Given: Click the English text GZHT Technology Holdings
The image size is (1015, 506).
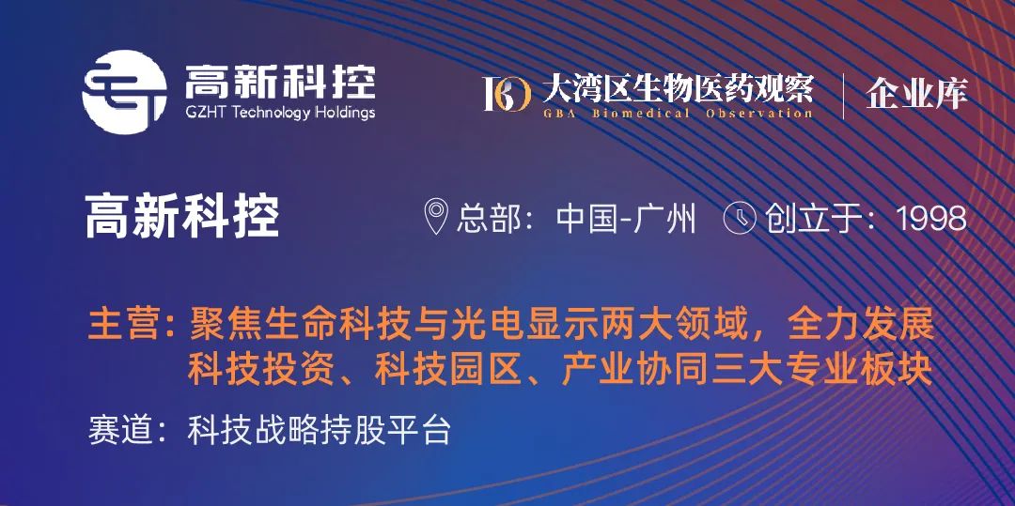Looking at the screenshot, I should coord(279,113).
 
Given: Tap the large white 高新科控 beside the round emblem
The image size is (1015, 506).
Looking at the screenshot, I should coord(279,82).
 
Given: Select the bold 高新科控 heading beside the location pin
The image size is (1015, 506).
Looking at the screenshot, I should coord(182,219).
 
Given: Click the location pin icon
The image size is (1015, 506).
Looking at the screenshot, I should coord(436,218).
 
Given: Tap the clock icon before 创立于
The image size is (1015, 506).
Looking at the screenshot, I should coord(740,218).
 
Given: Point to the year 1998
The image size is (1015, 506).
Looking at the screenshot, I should coord(931,219).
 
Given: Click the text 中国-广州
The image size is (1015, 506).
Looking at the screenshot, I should coord(626,219).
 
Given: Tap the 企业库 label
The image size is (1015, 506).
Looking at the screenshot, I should coord(916,93).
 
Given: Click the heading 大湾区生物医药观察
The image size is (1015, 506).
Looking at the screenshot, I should coord(677,90).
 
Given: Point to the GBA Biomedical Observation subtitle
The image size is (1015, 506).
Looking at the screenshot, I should coord(677,114).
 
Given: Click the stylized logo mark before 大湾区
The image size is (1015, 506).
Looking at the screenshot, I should coord(507,93).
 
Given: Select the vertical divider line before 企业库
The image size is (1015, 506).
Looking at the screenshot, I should coord(842,95).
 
